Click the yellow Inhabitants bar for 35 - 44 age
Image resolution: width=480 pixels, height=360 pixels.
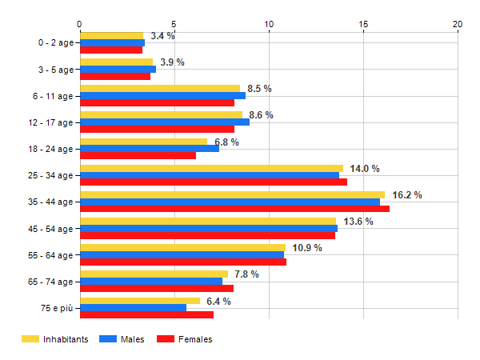(x=232, y=194)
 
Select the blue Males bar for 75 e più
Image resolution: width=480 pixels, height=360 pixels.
(x=133, y=308)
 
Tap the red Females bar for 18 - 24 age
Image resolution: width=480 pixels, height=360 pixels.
(x=138, y=155)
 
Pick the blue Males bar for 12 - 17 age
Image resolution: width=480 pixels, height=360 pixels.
(x=164, y=122)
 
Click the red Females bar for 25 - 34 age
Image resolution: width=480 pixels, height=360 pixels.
(x=213, y=182)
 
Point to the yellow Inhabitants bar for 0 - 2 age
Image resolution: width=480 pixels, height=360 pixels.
(x=111, y=35)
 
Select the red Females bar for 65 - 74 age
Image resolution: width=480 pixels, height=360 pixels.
(x=156, y=289)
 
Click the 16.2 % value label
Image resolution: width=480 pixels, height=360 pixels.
(x=407, y=195)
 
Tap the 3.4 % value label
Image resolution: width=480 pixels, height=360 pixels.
(x=162, y=36)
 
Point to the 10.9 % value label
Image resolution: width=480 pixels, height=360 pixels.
(x=307, y=248)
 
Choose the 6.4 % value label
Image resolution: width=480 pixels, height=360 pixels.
(x=218, y=302)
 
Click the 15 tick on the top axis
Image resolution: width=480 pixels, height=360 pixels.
(x=363, y=25)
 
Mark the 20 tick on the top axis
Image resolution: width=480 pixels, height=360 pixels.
(x=458, y=25)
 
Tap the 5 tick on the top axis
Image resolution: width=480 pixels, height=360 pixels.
(x=174, y=25)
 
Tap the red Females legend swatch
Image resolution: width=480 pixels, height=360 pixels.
(x=166, y=339)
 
